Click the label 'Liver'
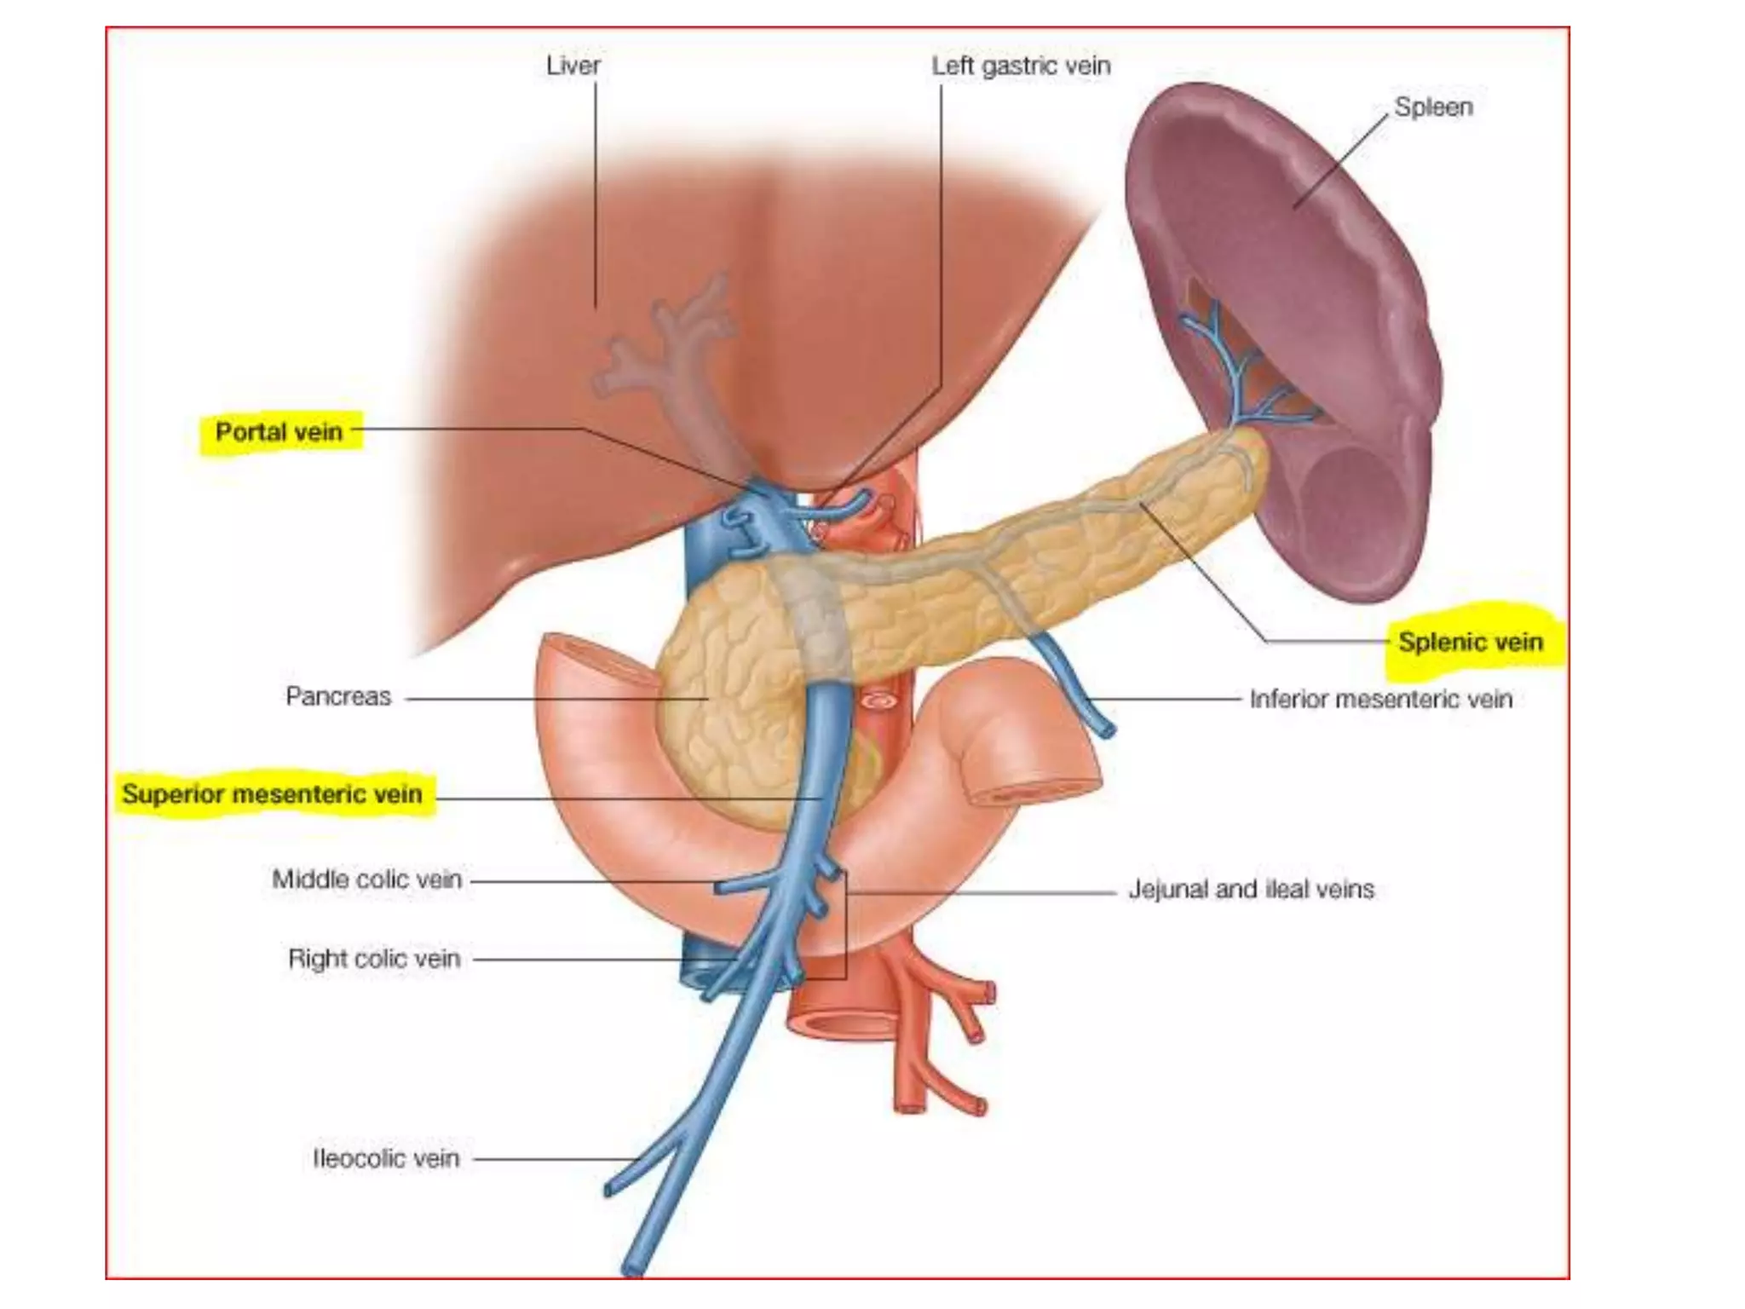click(573, 66)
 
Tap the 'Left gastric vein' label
click(1020, 66)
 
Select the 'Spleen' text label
click(1433, 107)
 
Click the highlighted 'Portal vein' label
click(279, 432)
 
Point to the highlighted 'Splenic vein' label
click(1470, 642)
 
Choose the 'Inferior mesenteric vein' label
click(1380, 699)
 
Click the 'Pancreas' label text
click(338, 696)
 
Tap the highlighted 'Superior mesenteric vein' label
click(272, 794)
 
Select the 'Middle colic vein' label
click(366, 879)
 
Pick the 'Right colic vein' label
click(374, 959)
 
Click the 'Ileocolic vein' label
click(386, 1158)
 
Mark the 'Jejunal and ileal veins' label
click(1251, 890)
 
